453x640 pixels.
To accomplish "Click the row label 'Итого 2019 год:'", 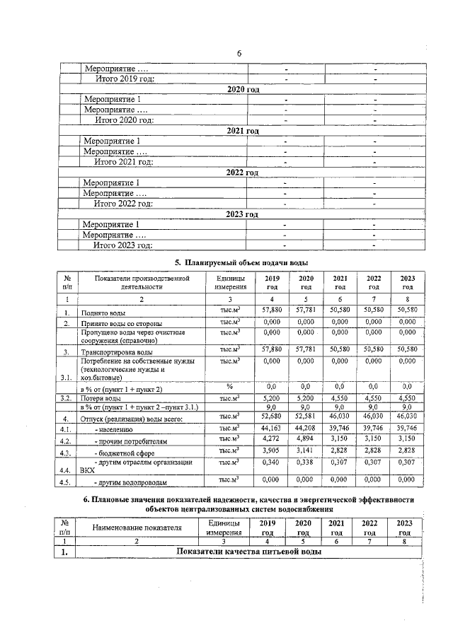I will pyautogui.click(x=125, y=78).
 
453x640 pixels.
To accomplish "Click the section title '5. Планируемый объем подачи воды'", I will pyautogui.click(x=241, y=263).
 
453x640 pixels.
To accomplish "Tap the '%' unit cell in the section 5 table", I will pyautogui.click(x=229, y=387).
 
